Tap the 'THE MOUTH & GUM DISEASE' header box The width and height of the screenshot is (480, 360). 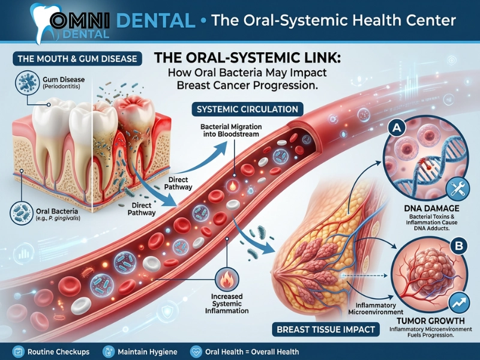pyautogui.click(x=77, y=58)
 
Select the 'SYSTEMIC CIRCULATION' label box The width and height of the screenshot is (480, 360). pyautogui.click(x=247, y=109)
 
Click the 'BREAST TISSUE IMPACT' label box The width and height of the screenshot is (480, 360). pyautogui.click(x=326, y=329)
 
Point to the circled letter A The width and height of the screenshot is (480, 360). pyautogui.click(x=397, y=127)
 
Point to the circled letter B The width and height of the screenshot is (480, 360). pyautogui.click(x=459, y=245)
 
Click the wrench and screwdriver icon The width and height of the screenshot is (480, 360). pyautogui.click(x=458, y=188)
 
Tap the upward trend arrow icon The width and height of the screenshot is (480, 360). pyautogui.click(x=459, y=302)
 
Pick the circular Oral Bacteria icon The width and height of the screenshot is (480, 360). pyautogui.click(x=22, y=213)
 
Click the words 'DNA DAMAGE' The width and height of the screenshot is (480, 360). pyautogui.click(x=431, y=208)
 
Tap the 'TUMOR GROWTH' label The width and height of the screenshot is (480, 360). pyautogui.click(x=431, y=321)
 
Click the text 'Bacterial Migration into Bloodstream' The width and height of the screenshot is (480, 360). pyautogui.click(x=231, y=130)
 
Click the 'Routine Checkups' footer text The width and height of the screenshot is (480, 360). pyautogui.click(x=58, y=352)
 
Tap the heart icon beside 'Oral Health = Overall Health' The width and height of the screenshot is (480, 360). pyautogui.click(x=196, y=352)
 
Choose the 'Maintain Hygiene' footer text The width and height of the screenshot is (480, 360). pyautogui.click(x=148, y=352)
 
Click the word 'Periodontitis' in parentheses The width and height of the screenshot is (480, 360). pyautogui.click(x=62, y=86)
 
